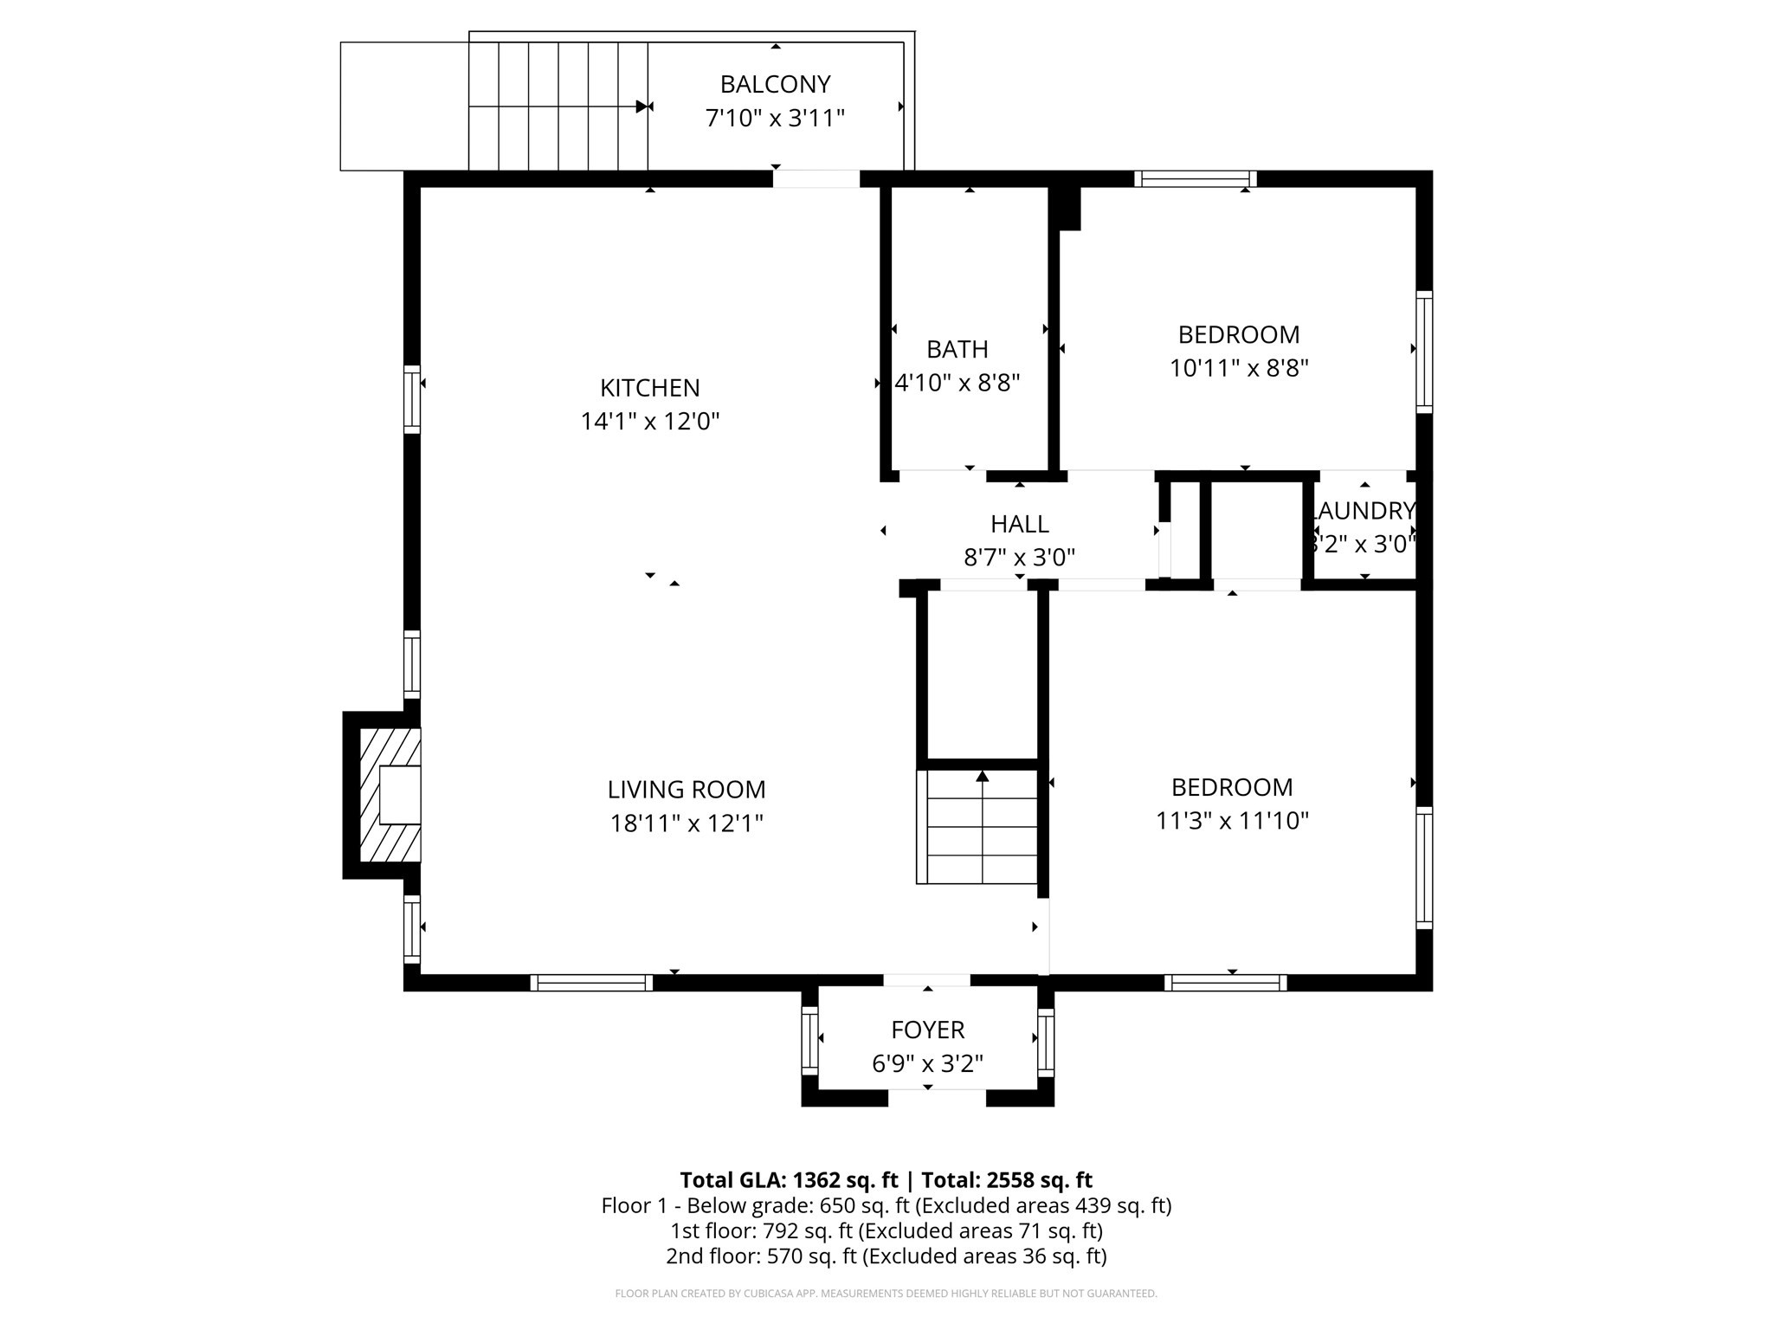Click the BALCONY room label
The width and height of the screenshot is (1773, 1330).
coord(775,84)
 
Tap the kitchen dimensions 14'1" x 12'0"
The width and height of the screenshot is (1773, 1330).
coord(649,422)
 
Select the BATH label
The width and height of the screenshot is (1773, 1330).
coord(957,349)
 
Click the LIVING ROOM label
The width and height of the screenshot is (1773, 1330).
coord(686,790)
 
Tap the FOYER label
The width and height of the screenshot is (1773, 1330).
coord(927,1030)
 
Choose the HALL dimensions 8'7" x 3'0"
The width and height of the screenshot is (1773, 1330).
coord(1019,557)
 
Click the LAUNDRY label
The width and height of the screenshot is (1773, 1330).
coord(1364,511)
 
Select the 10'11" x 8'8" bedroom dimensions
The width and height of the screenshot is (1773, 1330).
coord(1238,368)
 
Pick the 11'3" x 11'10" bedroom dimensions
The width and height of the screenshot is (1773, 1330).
coord(1231,820)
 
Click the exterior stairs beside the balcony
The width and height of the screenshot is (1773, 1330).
coord(558,107)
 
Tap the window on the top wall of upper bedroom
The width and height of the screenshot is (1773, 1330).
coord(1195,179)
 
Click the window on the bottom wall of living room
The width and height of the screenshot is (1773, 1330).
coord(591,983)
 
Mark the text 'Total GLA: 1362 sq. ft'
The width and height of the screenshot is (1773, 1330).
coord(789,1180)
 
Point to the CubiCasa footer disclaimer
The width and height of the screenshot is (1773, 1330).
coord(886,1294)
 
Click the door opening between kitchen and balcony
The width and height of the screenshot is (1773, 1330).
coord(816,179)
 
